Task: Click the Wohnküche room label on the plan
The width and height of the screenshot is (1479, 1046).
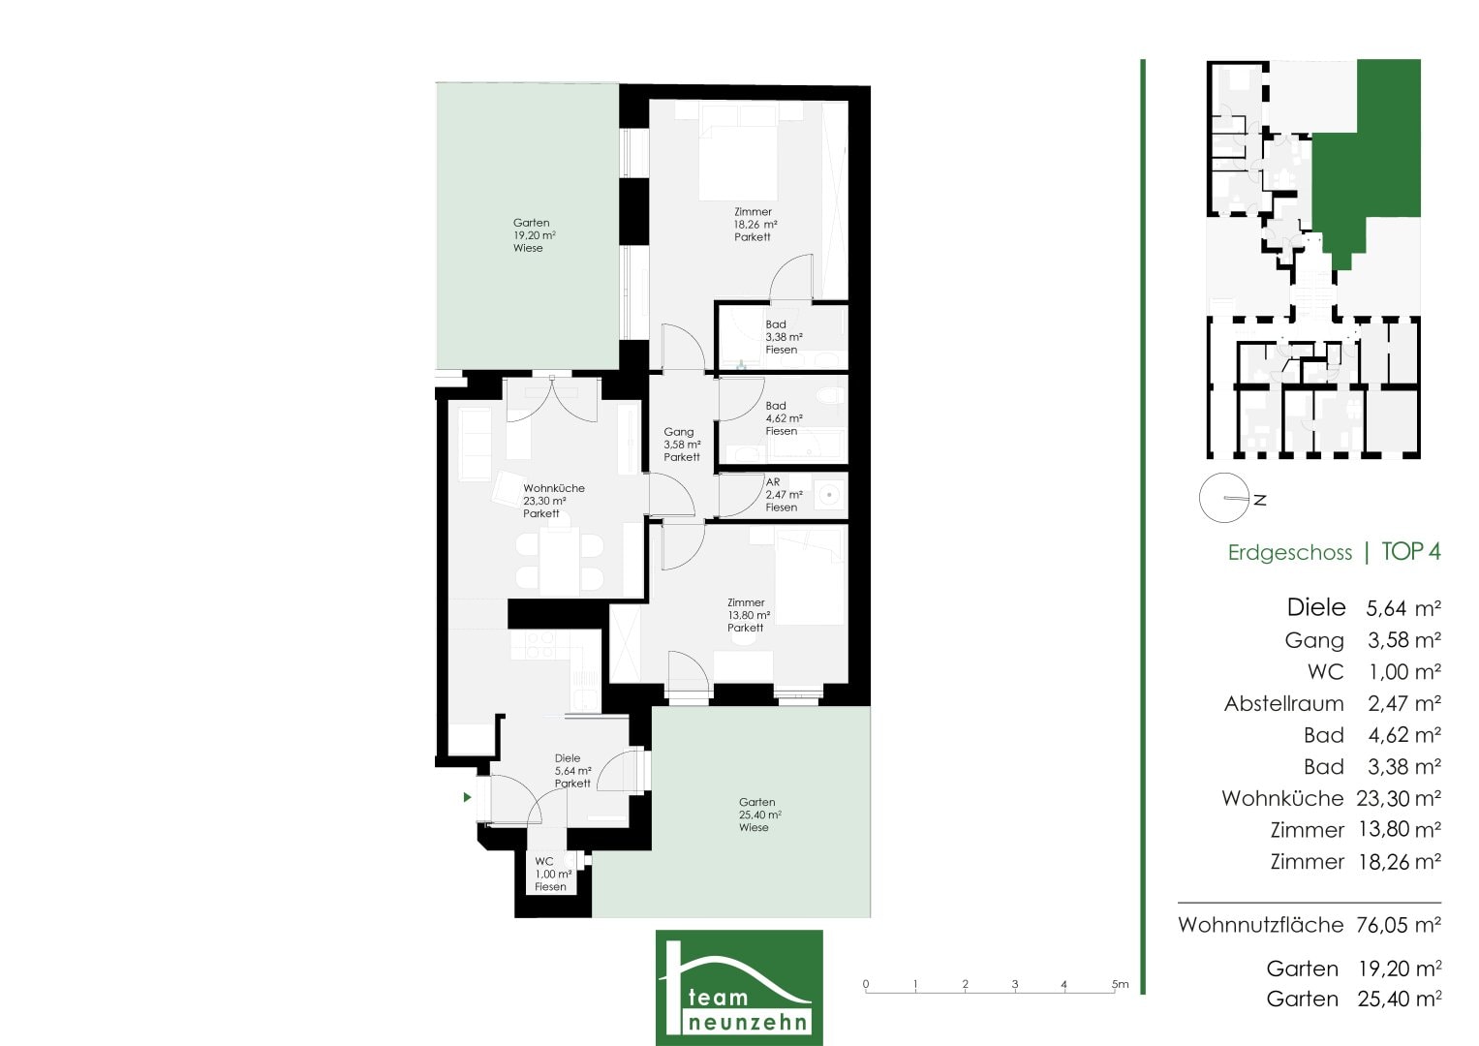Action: pyautogui.click(x=554, y=501)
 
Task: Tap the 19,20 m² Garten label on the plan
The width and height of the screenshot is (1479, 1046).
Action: pyautogui.click(x=534, y=235)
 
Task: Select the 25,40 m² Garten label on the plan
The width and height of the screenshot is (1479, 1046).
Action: pyautogui.click(x=760, y=815)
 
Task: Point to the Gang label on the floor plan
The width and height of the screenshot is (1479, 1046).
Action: pyautogui.click(x=682, y=445)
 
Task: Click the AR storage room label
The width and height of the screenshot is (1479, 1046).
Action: pyautogui.click(x=784, y=495)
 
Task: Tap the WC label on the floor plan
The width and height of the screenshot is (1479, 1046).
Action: pyautogui.click(x=553, y=874)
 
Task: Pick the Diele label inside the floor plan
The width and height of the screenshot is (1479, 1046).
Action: pyautogui.click(x=572, y=771)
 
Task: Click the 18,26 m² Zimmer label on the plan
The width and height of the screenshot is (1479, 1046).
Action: pyautogui.click(x=755, y=225)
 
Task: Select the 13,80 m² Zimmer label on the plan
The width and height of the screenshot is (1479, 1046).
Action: pyautogui.click(x=749, y=615)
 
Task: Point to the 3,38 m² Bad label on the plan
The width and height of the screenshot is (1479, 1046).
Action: pyautogui.click(x=784, y=337)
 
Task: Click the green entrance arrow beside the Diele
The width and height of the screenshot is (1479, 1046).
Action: pyautogui.click(x=467, y=797)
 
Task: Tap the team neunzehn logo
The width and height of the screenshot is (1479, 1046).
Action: pyautogui.click(x=739, y=987)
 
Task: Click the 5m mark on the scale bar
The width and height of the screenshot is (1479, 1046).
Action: pyautogui.click(x=1121, y=984)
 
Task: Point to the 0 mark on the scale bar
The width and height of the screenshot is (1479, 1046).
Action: pyautogui.click(x=866, y=984)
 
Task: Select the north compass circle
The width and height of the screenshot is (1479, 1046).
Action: pyautogui.click(x=1224, y=498)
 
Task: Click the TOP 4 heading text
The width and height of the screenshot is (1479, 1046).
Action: pyautogui.click(x=1411, y=551)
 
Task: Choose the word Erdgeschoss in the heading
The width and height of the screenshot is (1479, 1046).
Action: pyautogui.click(x=1289, y=553)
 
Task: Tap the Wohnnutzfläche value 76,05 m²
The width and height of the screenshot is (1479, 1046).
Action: pyautogui.click(x=1399, y=925)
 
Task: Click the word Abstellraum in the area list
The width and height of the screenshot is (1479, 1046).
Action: pyautogui.click(x=1283, y=703)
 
